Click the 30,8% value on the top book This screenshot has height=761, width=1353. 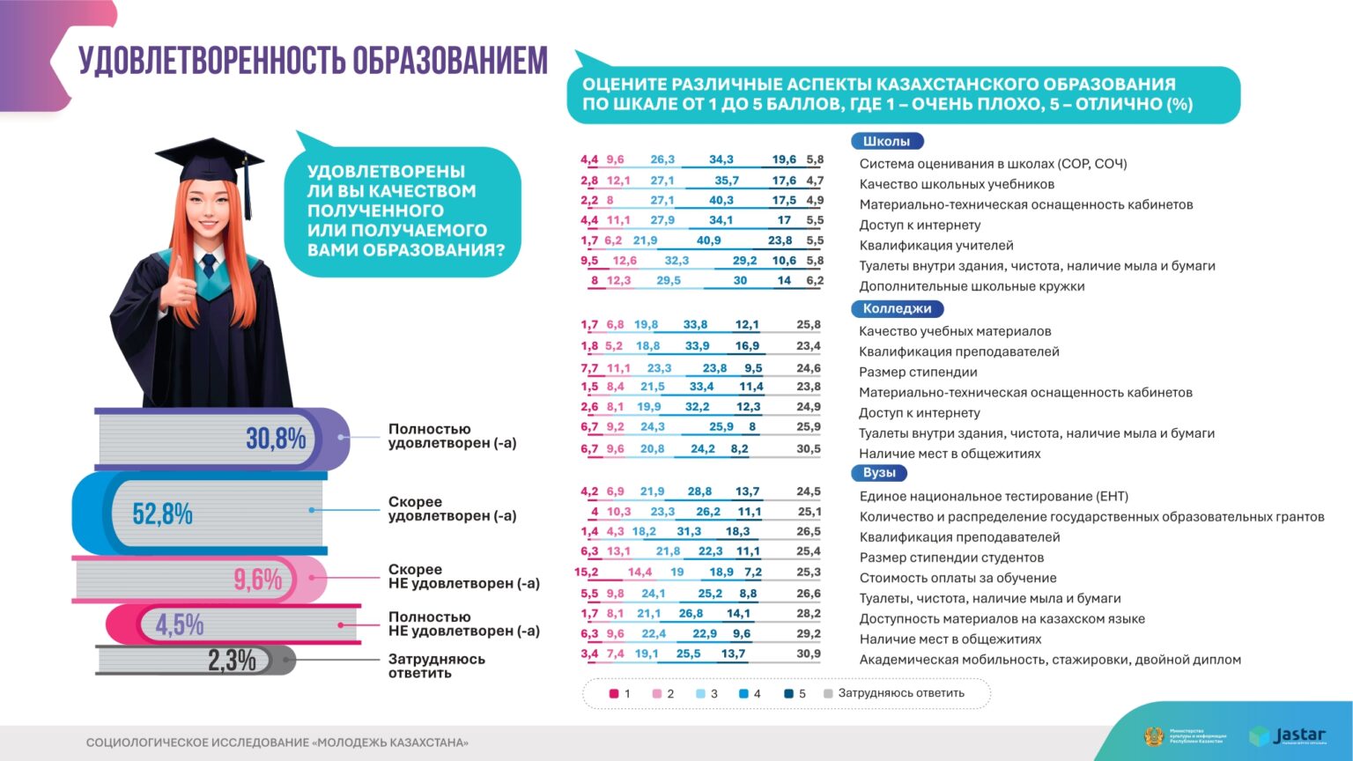(276, 439)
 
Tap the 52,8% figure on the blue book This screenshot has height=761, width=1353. (162, 513)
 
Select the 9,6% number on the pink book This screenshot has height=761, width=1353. (257, 580)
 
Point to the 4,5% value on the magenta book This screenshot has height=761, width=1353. (180, 624)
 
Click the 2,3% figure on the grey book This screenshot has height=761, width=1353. (232, 660)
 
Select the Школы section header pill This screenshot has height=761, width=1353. (886, 141)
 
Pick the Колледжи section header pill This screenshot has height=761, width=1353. (897, 308)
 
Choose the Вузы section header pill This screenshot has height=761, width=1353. (879, 473)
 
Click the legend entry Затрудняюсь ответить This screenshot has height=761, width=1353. (900, 693)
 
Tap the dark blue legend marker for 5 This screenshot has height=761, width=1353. (788, 694)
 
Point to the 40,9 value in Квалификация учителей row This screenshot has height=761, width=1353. (708, 240)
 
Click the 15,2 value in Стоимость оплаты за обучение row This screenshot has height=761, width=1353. (586, 572)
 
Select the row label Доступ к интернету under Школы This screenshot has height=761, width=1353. (920, 225)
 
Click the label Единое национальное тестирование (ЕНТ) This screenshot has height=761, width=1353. (994, 496)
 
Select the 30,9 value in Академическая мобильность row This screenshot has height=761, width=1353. (808, 654)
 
